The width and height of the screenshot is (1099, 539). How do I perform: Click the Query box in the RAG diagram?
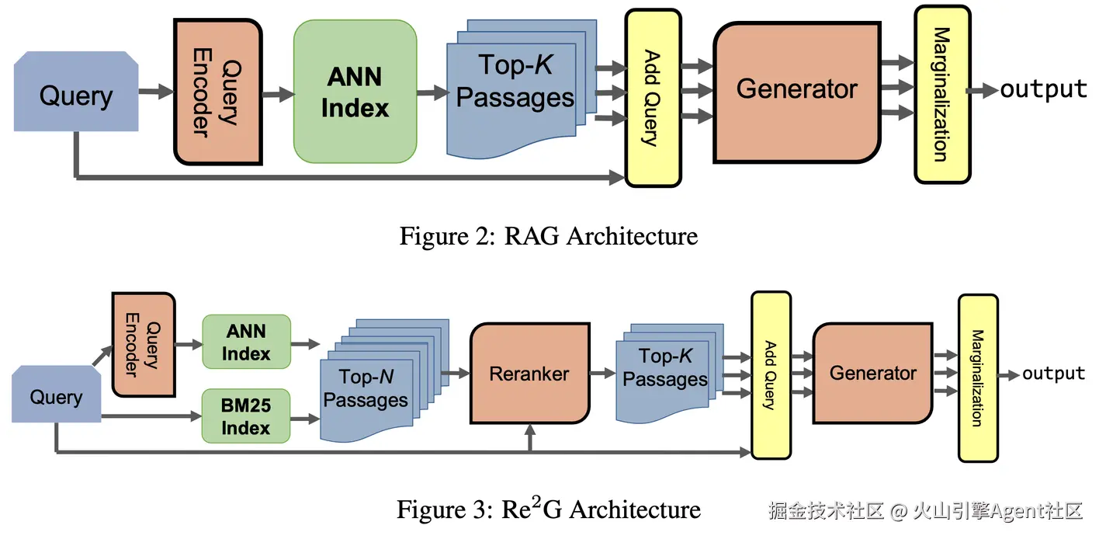pyautogui.click(x=76, y=96)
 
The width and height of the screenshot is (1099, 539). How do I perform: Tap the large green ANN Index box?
pyautogui.click(x=355, y=92)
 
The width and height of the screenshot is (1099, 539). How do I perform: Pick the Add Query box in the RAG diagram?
pyautogui.click(x=653, y=98)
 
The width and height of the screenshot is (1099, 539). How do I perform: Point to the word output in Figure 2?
pyautogui.click(x=1043, y=90)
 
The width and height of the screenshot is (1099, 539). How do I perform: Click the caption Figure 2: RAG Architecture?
pyautogui.click(x=548, y=235)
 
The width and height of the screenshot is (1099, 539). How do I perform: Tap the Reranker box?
pyautogui.click(x=529, y=374)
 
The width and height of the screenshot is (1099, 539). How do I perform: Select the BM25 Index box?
pyautogui.click(x=246, y=417)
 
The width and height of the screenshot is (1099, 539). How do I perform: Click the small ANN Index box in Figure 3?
pyautogui.click(x=246, y=343)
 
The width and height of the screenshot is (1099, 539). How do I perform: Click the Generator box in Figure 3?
pyautogui.click(x=872, y=374)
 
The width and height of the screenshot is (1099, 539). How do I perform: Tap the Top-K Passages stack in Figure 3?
pyautogui.click(x=664, y=368)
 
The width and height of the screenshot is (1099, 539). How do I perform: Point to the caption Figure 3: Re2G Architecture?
pyautogui.click(x=548, y=509)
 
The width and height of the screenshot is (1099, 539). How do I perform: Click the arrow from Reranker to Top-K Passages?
pyautogui.click(x=602, y=374)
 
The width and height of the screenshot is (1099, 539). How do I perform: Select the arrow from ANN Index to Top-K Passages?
pyautogui.click(x=432, y=92)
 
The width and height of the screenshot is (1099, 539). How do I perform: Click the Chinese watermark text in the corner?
pyautogui.click(x=925, y=510)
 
